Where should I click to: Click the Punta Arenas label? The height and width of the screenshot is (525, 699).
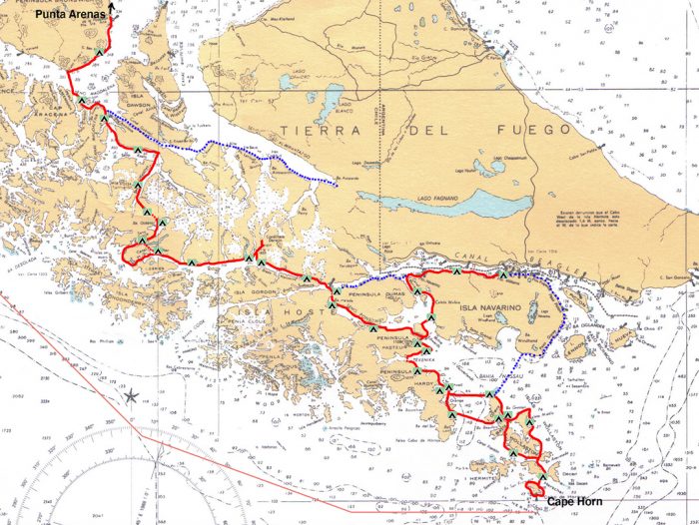(x=69, y=15)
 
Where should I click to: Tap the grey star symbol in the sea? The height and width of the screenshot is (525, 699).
(x=131, y=397)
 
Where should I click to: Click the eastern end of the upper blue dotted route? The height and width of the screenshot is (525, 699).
(x=338, y=185)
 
